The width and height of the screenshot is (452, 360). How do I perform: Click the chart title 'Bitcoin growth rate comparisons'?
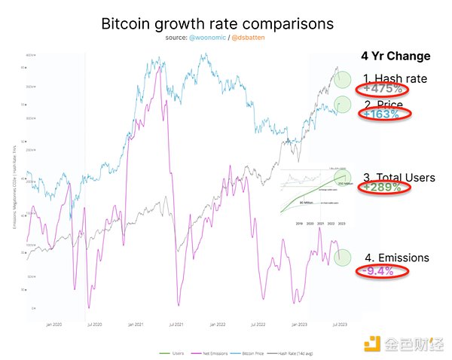coord(217,23)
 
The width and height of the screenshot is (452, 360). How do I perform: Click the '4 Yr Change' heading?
coord(395,56)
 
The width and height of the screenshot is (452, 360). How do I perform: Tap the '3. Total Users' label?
coord(399,178)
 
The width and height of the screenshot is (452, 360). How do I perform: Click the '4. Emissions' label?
coord(397,258)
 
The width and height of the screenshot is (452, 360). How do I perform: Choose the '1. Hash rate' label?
coord(395,78)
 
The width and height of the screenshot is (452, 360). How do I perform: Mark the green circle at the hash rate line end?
coord(345,78)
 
